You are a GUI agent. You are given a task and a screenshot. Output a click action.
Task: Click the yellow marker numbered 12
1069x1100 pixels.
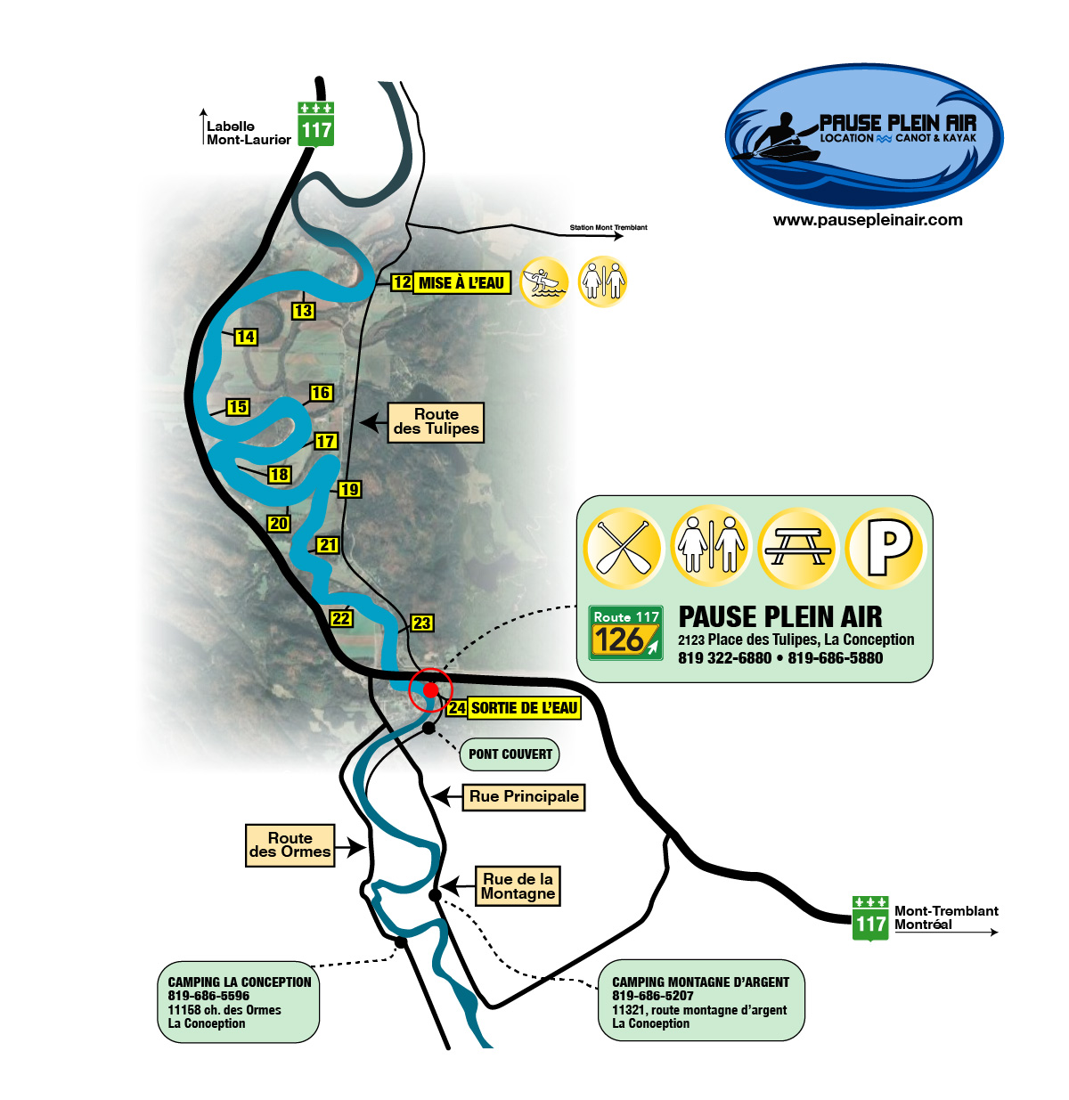pyautogui.click(x=402, y=282)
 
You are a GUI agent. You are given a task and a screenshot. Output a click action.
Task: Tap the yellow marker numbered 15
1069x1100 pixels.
pyautogui.click(x=238, y=407)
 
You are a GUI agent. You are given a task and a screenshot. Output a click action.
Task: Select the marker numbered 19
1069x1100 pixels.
pyautogui.click(x=349, y=489)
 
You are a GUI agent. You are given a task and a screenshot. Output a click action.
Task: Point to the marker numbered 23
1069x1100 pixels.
pyautogui.click(x=421, y=623)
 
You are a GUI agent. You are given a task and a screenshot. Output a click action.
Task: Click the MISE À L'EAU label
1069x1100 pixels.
pyautogui.click(x=461, y=283)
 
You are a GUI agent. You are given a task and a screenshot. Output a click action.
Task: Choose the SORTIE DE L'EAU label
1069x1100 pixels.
pyautogui.click(x=524, y=708)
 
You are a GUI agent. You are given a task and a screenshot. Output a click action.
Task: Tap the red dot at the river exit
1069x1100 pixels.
pyautogui.click(x=430, y=689)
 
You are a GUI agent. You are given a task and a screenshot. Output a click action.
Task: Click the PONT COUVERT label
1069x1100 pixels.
pyautogui.click(x=510, y=754)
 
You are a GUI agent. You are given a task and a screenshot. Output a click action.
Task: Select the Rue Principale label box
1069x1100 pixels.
pyautogui.click(x=524, y=796)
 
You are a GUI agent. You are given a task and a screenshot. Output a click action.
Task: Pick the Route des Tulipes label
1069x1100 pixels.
pyautogui.click(x=436, y=421)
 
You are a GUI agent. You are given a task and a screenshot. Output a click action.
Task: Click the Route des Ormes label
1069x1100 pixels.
pyautogui.click(x=290, y=844)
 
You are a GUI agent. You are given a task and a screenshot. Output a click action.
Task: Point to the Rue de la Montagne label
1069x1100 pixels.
pyautogui.click(x=518, y=886)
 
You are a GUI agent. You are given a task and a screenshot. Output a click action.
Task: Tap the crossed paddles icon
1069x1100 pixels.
pyautogui.click(x=623, y=547)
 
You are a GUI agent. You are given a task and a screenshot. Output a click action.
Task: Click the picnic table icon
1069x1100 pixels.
pyautogui.click(x=798, y=547)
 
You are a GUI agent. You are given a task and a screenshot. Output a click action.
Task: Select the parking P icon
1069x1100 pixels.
pyautogui.click(x=886, y=547)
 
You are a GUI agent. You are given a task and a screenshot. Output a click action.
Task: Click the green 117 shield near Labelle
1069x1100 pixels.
pyautogui.click(x=315, y=124)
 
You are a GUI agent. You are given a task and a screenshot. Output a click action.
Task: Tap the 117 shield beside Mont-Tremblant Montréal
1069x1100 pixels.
pyautogui.click(x=870, y=918)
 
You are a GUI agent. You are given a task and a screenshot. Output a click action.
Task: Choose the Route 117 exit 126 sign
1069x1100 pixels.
pyautogui.click(x=626, y=632)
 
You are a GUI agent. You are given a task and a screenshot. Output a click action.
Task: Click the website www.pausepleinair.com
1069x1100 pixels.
pyautogui.click(x=868, y=220)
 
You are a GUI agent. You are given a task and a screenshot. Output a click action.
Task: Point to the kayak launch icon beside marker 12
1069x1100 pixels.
pyautogui.click(x=543, y=282)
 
